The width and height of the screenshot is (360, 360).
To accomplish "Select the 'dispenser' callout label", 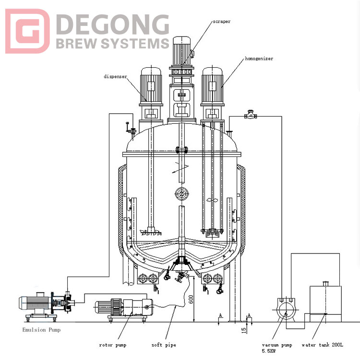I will (116, 76).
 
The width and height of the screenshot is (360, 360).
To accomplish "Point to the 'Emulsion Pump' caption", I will (42, 330).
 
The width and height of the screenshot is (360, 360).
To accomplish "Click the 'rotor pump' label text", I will (112, 345).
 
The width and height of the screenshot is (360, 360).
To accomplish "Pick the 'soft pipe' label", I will (163, 345).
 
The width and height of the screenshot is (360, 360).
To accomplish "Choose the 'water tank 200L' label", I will (323, 344).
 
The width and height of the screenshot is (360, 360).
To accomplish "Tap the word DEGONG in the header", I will (112, 24).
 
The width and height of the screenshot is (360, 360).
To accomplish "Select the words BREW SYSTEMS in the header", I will (112, 44).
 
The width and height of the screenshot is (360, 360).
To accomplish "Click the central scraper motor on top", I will (181, 50).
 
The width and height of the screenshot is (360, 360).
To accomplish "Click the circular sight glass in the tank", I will (181, 194).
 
